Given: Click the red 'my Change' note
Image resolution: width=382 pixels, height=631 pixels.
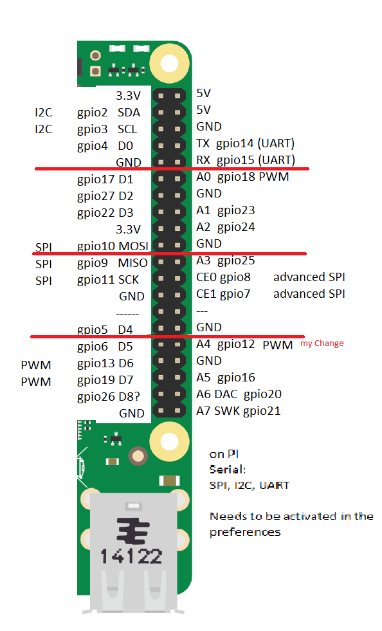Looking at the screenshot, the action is pyautogui.click(x=322, y=343).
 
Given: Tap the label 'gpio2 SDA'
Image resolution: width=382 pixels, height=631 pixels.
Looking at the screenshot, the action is pyautogui.click(x=109, y=113).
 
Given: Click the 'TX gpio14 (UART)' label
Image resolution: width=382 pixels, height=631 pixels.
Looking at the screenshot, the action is pyautogui.click(x=246, y=143).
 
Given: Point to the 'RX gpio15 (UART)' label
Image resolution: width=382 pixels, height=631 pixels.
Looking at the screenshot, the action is pyautogui.click(x=246, y=160).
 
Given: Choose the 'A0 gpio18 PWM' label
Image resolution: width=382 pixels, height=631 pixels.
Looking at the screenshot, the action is pyautogui.click(x=242, y=177).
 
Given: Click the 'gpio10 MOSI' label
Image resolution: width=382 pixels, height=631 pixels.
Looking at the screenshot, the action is pyautogui.click(x=113, y=246).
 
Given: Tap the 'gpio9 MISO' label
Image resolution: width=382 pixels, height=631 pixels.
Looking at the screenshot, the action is pyautogui.click(x=113, y=263).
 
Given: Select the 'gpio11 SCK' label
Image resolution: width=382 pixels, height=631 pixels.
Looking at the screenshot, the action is pyautogui.click(x=108, y=280).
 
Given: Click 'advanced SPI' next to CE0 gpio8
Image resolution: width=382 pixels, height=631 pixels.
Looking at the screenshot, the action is pyautogui.click(x=309, y=277).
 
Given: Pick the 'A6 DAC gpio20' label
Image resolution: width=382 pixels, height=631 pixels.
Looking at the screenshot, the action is pyautogui.click(x=239, y=394).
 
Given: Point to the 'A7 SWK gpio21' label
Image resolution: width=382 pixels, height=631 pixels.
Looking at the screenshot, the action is pyautogui.click(x=239, y=411).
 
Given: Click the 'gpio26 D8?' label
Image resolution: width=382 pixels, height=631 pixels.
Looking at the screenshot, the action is pyautogui.click(x=109, y=397).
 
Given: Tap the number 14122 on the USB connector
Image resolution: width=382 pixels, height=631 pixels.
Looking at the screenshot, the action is pyautogui.click(x=132, y=556).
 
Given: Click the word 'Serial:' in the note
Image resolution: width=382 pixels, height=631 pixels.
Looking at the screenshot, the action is pyautogui.click(x=228, y=470).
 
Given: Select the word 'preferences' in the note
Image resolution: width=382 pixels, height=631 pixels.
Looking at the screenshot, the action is pyautogui.click(x=245, y=532).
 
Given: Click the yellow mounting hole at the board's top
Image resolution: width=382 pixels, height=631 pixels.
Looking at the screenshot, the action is pyautogui.click(x=170, y=63).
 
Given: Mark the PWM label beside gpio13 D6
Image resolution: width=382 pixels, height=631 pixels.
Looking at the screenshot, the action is pyautogui.click(x=36, y=365).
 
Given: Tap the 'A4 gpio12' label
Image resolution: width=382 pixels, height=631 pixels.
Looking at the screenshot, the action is pyautogui.click(x=226, y=345).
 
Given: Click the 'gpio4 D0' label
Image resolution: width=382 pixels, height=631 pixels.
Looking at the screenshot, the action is pyautogui.click(x=105, y=146).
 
